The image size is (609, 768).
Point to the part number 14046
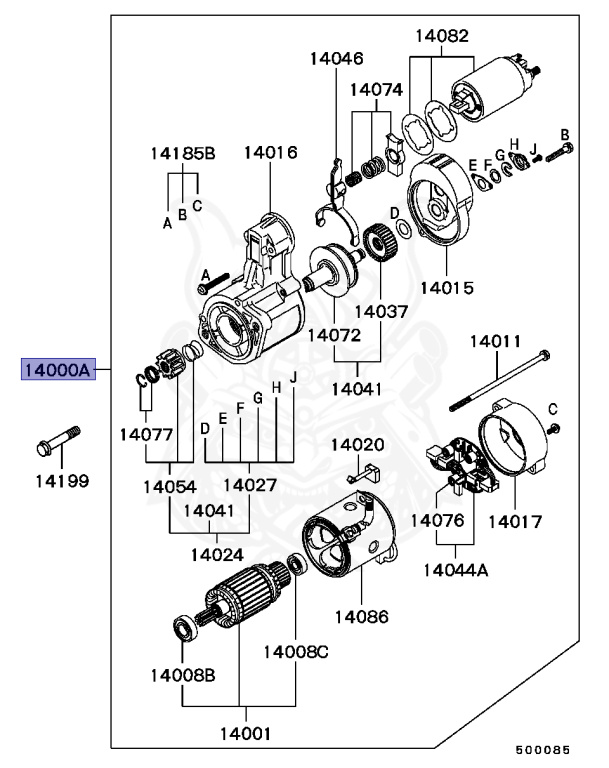click(336, 58)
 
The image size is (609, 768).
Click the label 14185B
click(183, 154)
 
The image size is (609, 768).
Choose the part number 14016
click(270, 154)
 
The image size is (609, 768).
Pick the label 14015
click(447, 287)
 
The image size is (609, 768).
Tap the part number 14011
click(497, 342)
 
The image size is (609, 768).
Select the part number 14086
click(361, 616)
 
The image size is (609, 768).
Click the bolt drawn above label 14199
click(59, 438)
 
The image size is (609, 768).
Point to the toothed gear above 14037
click(377, 244)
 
